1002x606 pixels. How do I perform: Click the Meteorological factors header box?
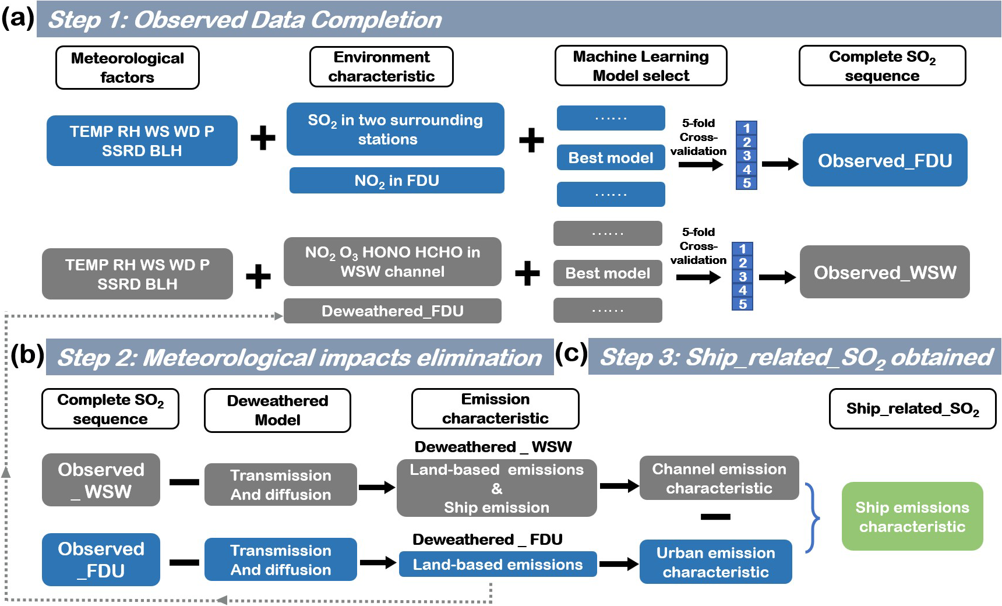(127, 68)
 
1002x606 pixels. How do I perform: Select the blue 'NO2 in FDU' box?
(397, 181)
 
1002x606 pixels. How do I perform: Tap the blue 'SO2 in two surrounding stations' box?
(395, 129)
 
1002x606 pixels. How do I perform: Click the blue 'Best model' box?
(611, 158)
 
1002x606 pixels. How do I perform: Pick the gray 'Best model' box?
(608, 273)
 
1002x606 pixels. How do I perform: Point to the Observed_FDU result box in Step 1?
(884, 160)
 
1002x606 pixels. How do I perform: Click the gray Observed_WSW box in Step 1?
(884, 272)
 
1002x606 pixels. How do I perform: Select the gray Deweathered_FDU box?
(392, 311)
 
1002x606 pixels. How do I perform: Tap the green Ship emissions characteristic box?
(912, 517)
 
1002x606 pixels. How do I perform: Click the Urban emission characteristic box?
(715, 562)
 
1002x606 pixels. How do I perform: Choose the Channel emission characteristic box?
(719, 478)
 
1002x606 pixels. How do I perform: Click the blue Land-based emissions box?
(498, 565)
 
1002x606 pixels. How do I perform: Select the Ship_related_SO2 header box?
(912, 409)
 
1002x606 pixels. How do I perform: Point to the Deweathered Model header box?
(277, 410)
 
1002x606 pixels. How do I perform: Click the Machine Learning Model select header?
(641, 66)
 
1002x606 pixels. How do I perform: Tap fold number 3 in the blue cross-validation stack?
(746, 156)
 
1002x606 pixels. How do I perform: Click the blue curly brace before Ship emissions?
(812, 517)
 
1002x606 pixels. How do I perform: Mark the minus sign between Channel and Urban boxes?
(715, 517)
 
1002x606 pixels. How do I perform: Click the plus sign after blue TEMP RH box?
(263, 138)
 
